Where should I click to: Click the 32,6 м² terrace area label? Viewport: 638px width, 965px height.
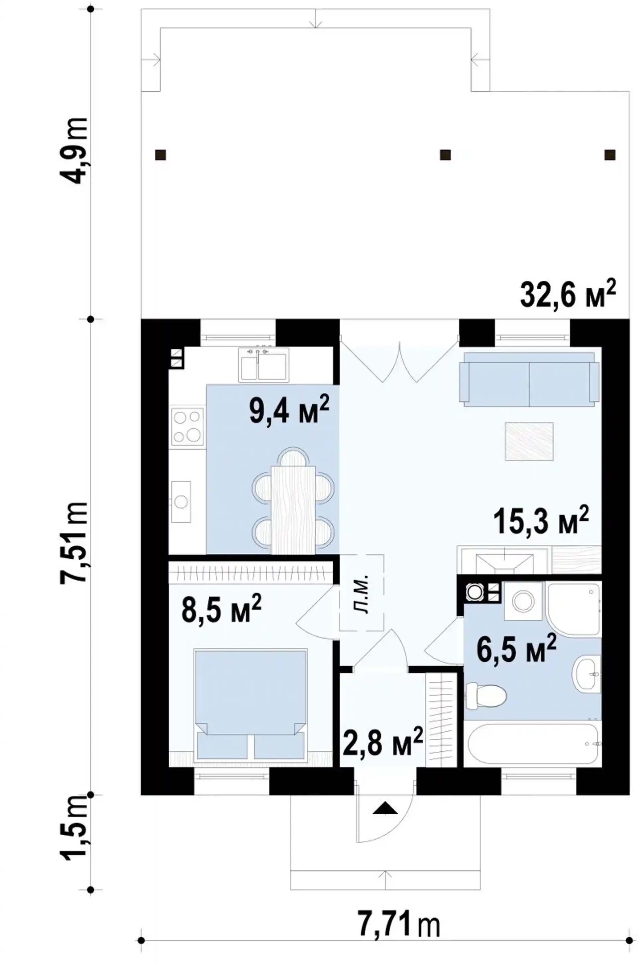click(x=568, y=292)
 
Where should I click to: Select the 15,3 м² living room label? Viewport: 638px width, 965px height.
click(x=542, y=519)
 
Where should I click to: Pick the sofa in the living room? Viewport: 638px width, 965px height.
click(x=529, y=379)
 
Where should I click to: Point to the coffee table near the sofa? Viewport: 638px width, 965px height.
click(x=529, y=442)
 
